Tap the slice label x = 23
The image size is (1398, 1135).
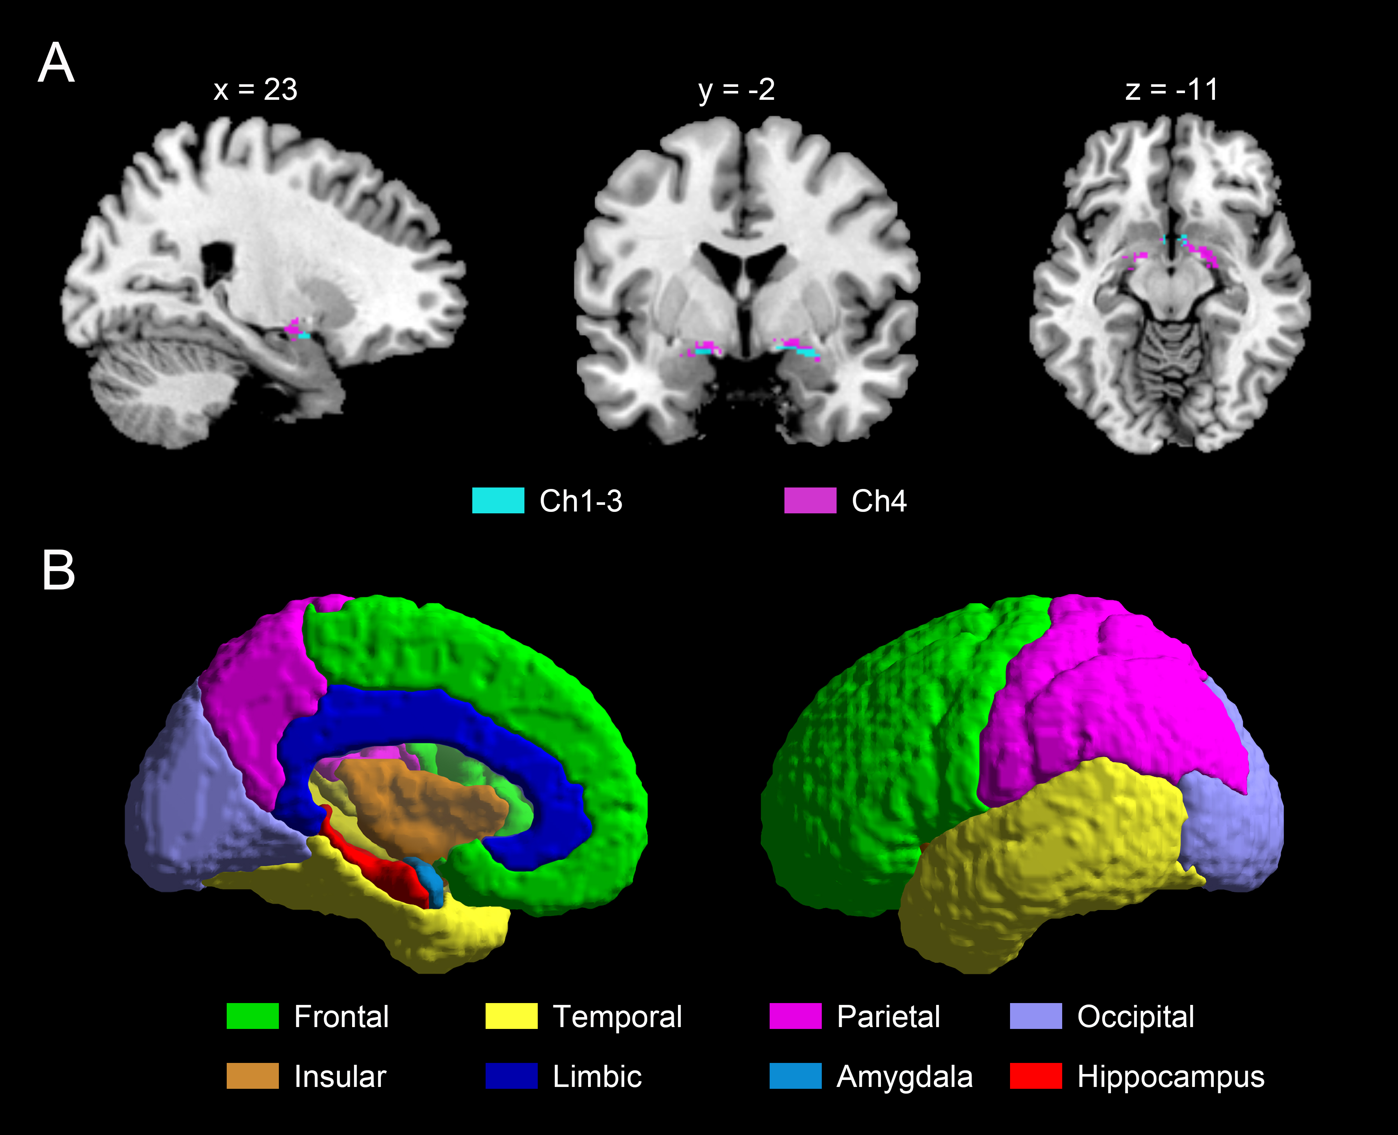[255, 89]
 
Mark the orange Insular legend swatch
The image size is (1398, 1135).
[253, 1075]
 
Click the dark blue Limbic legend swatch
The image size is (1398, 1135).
[511, 1075]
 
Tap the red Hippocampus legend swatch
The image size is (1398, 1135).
[1036, 1075]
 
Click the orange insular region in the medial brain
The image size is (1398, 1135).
[419, 804]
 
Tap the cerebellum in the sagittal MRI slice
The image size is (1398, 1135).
[163, 392]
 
